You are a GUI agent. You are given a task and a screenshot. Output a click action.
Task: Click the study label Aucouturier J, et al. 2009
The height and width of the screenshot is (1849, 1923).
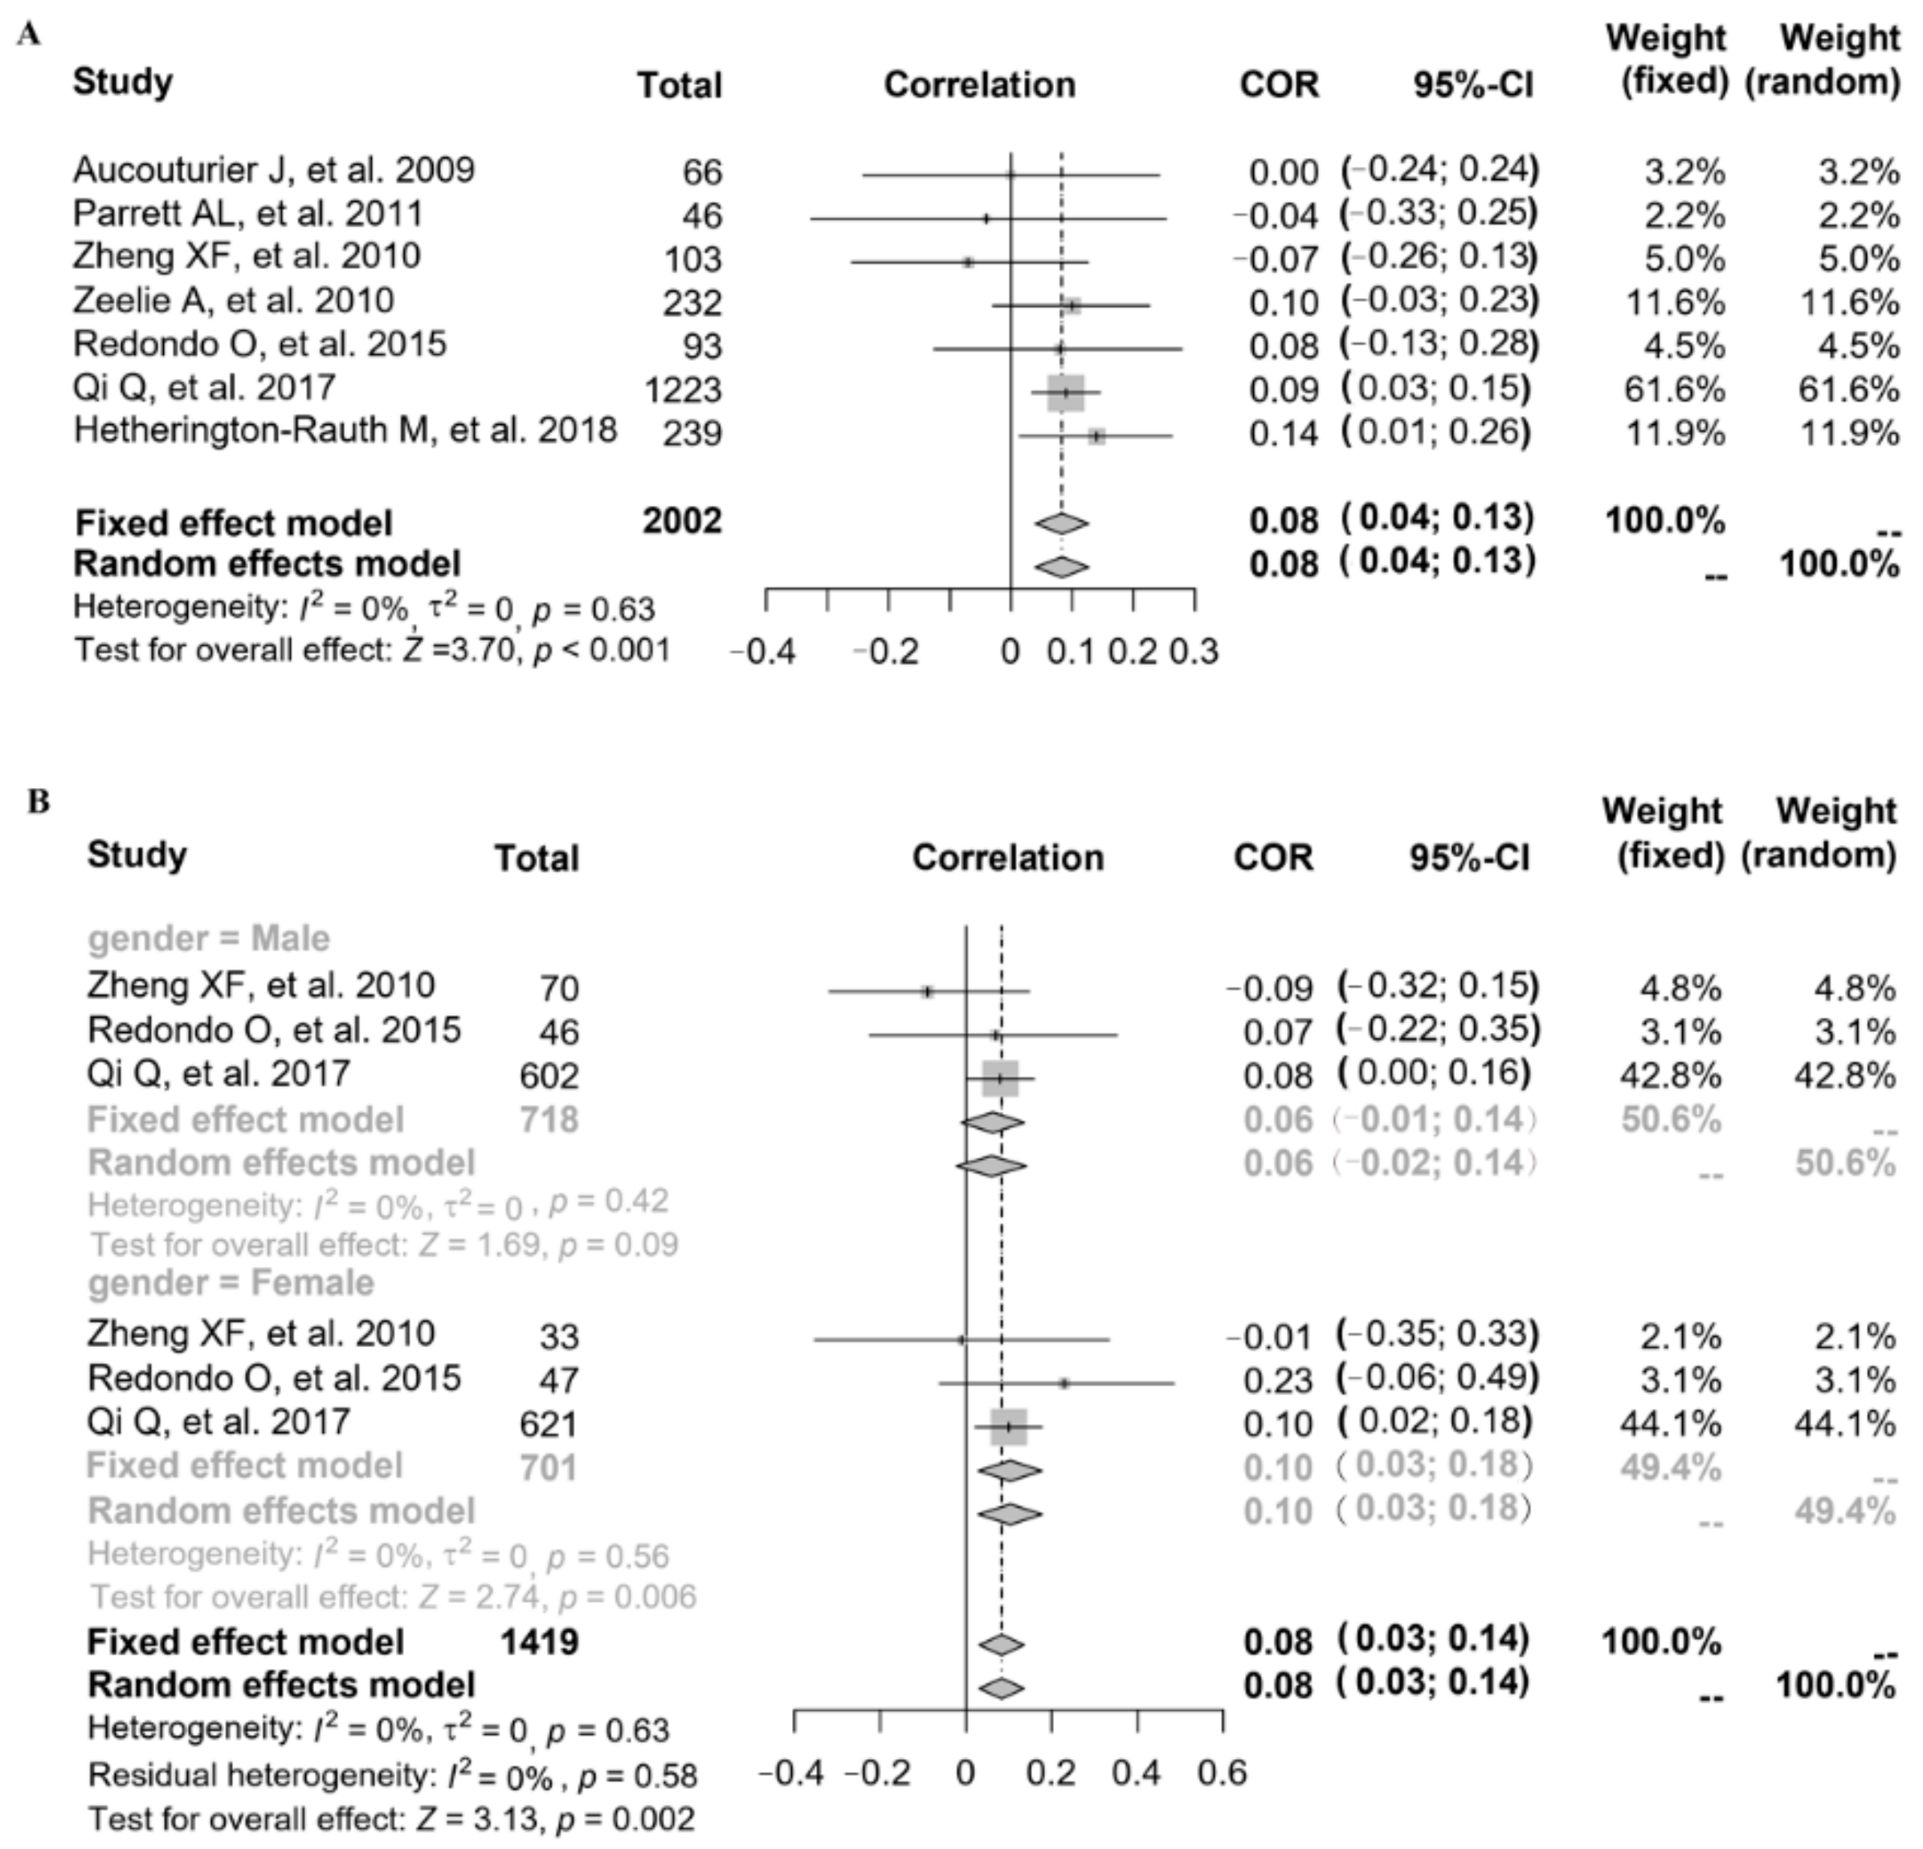point(274,170)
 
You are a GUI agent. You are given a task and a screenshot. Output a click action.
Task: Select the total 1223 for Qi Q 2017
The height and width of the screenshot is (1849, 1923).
point(683,390)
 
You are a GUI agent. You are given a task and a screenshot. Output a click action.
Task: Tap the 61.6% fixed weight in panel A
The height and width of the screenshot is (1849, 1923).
point(1674,390)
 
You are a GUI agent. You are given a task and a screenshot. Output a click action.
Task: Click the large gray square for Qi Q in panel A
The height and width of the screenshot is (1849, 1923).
point(1065,392)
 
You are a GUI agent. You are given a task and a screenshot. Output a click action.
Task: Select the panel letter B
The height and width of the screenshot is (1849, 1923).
point(39,802)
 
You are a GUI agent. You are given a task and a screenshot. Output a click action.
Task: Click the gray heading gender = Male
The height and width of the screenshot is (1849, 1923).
point(209,939)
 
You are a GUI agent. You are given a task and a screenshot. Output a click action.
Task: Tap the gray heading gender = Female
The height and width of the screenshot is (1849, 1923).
point(231,1283)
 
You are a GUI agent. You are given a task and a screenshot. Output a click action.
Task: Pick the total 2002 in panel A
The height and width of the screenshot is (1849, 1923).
point(683,520)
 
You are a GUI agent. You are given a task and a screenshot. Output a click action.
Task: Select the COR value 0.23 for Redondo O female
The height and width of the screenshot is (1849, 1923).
point(1277,1381)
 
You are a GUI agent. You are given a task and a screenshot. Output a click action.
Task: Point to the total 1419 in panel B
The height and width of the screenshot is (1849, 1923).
point(540,1642)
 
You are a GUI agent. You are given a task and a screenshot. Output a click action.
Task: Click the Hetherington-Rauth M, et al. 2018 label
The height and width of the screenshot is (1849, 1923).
point(345,431)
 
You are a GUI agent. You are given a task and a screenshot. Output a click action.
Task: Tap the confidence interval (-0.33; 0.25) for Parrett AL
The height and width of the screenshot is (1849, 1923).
point(1439,214)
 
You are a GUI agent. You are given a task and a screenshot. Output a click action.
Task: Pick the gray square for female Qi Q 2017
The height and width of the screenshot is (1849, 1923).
point(1009,1427)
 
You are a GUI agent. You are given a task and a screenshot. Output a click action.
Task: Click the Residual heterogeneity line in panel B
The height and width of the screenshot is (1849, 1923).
point(393,1775)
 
